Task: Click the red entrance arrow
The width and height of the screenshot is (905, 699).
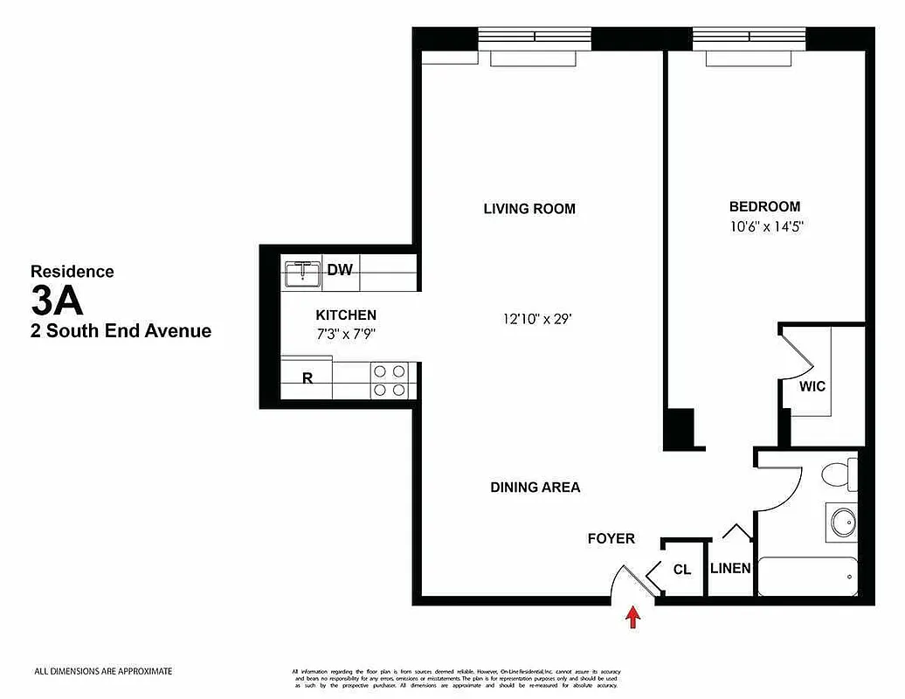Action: pyautogui.click(x=633, y=619)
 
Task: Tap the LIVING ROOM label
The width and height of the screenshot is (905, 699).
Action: pyautogui.click(x=529, y=209)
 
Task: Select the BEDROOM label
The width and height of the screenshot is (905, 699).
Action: pyautogui.click(x=764, y=207)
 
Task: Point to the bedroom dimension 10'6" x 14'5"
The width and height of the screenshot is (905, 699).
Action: pyautogui.click(x=765, y=226)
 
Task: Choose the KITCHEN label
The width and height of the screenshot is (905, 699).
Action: pyautogui.click(x=346, y=315)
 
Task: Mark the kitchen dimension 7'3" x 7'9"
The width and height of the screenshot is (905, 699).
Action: pyautogui.click(x=346, y=333)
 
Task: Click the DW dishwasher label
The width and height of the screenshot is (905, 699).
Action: pyautogui.click(x=340, y=270)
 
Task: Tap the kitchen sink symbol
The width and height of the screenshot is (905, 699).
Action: pyautogui.click(x=303, y=273)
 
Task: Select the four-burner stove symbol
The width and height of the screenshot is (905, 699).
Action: pyautogui.click(x=390, y=380)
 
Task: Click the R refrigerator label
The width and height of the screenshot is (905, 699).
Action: pyautogui.click(x=307, y=378)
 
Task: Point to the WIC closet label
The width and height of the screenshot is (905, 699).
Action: pyautogui.click(x=812, y=386)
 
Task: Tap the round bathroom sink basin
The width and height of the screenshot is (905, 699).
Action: pyautogui.click(x=843, y=523)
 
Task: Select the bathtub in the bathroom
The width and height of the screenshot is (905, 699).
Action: pyautogui.click(x=808, y=577)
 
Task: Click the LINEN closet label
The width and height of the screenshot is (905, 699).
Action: pyautogui.click(x=729, y=568)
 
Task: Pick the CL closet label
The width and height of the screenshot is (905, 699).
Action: pyautogui.click(x=682, y=570)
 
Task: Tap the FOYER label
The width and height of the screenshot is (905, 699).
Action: pyautogui.click(x=611, y=538)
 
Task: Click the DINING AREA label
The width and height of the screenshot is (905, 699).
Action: pyautogui.click(x=535, y=488)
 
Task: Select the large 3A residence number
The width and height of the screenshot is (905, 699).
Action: pyautogui.click(x=57, y=301)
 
